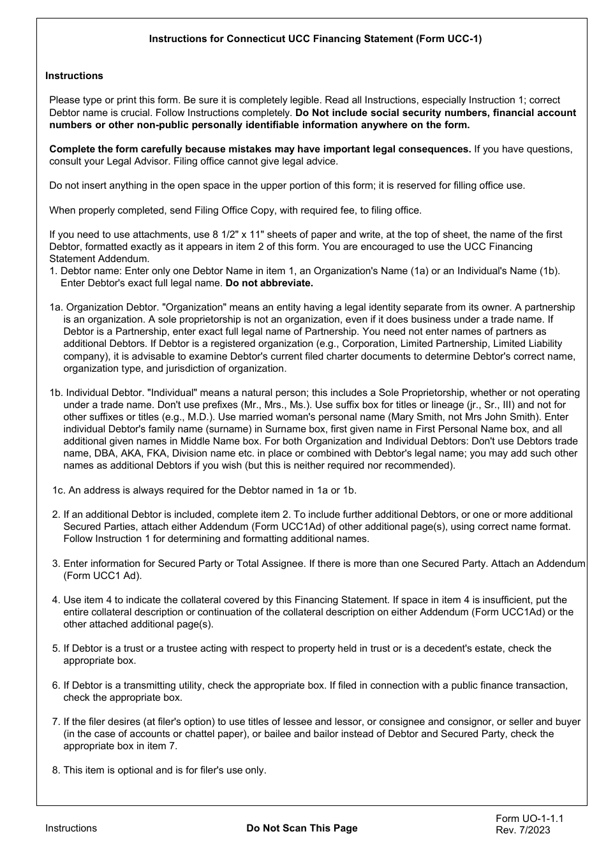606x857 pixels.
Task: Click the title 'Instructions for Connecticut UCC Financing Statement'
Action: pyautogui.click(x=315, y=39)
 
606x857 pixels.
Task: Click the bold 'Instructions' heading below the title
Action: pyautogui.click(x=74, y=76)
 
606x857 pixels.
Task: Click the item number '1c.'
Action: pyautogui.click(x=59, y=490)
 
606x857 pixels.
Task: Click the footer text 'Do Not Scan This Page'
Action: pyautogui.click(x=302, y=828)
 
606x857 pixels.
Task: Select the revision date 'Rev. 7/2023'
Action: pyautogui.click(x=522, y=830)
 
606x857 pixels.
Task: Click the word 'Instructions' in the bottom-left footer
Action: pyautogui.click(x=71, y=828)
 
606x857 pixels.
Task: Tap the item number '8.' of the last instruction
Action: pyautogui.click(x=56, y=770)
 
